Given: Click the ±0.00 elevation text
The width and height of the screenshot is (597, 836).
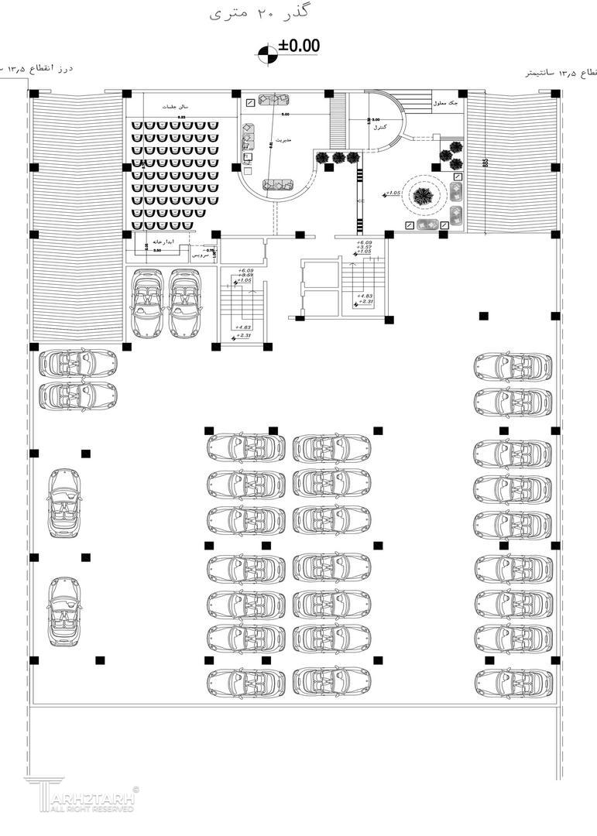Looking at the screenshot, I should (x=299, y=46).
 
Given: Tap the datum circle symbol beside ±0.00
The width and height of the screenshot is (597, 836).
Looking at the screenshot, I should (x=267, y=53).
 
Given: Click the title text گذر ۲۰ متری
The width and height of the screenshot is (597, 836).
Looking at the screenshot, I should (x=241, y=14).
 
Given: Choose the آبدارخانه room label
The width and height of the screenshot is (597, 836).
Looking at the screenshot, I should (x=184, y=242).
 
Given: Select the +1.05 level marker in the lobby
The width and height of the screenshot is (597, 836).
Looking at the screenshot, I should (x=393, y=193).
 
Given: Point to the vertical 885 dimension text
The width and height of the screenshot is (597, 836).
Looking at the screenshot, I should (x=485, y=163).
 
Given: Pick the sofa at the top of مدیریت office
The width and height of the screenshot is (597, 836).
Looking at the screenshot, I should (x=273, y=99).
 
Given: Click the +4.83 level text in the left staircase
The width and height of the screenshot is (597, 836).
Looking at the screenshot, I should (x=244, y=327).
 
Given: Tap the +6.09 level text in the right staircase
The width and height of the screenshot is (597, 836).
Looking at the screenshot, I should (x=364, y=243).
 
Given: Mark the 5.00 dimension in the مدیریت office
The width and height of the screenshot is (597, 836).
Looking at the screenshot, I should (x=285, y=115).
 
